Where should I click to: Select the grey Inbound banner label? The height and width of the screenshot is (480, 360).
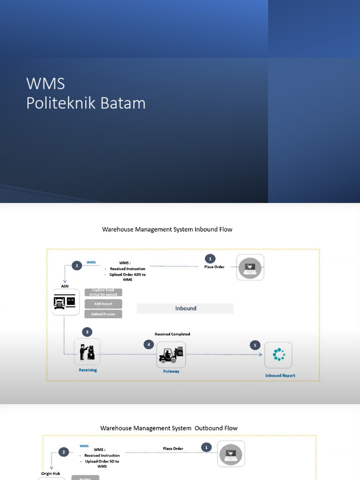pyautogui.click(x=185, y=308)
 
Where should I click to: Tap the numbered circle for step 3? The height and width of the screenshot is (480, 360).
pyautogui.click(x=87, y=332)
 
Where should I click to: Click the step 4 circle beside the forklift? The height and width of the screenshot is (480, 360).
pyautogui.click(x=149, y=345)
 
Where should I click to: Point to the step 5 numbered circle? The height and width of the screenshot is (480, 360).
pyautogui.click(x=255, y=345)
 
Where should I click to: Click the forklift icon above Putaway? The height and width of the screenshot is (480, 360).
pyautogui.click(x=171, y=355)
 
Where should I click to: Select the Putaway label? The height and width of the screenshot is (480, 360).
pyautogui.click(x=171, y=371)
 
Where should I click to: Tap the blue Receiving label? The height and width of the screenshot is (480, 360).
pyautogui.click(x=88, y=370)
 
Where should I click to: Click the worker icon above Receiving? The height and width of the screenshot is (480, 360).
pyautogui.click(x=87, y=352)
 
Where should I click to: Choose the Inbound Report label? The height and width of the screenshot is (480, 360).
pyautogui.click(x=280, y=375)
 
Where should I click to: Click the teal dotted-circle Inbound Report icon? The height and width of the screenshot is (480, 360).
pyautogui.click(x=278, y=355)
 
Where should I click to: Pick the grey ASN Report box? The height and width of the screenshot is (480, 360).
pyautogui.click(x=103, y=304)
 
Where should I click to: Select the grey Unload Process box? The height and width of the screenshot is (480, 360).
pyautogui.click(x=103, y=314)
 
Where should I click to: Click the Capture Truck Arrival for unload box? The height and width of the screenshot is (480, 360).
pyautogui.click(x=103, y=292)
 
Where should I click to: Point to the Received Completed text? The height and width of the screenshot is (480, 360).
pyautogui.click(x=172, y=334)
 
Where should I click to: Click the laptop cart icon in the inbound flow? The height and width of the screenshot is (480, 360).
pyautogui.click(x=250, y=268)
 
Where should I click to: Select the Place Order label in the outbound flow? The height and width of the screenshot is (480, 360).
pyautogui.click(x=173, y=449)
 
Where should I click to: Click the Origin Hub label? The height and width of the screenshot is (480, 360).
pyautogui.click(x=51, y=473)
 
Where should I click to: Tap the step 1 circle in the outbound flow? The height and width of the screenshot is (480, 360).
pyautogui.click(x=206, y=448)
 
